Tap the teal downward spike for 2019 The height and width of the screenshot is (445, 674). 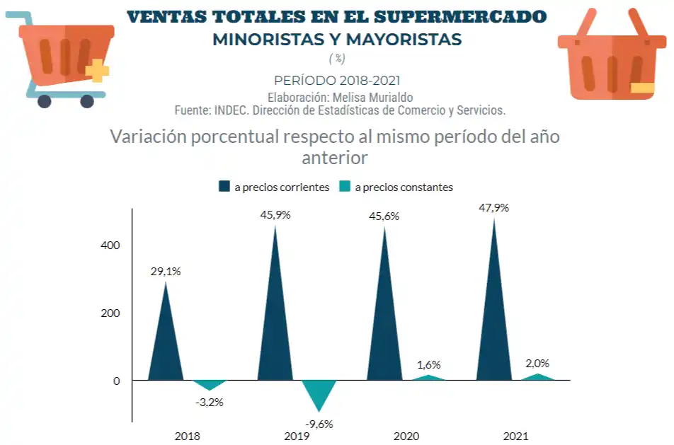tap(319, 393)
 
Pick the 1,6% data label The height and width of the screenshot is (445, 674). tap(428, 365)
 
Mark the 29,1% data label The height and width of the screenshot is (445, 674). tap(165, 271)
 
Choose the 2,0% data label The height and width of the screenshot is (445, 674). tap(537, 364)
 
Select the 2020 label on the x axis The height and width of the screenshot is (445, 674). tap(406, 436)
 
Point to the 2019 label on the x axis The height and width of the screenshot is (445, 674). tap(297, 436)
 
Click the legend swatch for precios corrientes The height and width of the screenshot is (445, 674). tap(224, 187)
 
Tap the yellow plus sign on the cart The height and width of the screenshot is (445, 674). tap(97, 70)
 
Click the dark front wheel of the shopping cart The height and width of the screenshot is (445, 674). tap(44, 101)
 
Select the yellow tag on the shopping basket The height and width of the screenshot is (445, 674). tap(643, 88)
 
